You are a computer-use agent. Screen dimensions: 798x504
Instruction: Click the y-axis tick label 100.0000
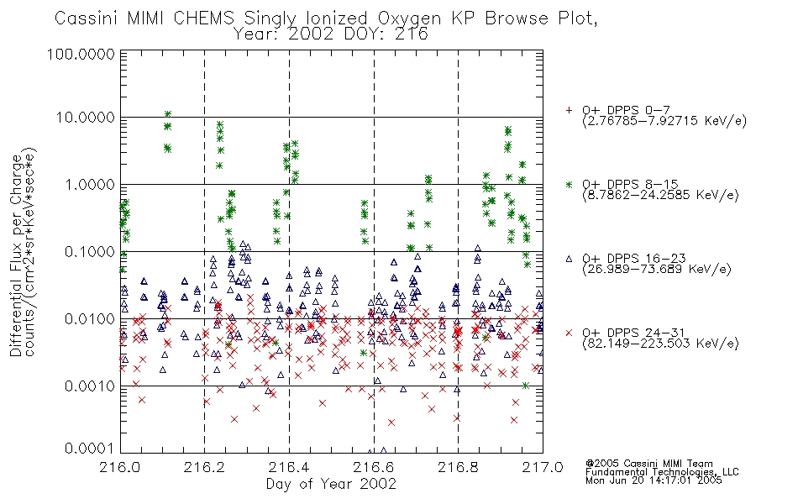point(81,54)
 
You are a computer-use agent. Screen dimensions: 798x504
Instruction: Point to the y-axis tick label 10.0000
point(85,118)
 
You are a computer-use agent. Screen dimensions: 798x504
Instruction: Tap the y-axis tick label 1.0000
point(90,184)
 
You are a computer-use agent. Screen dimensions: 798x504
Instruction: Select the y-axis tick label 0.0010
point(90,386)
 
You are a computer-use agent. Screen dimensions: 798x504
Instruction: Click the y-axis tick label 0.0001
point(90,449)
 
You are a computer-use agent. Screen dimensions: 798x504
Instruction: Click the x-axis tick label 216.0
point(120,467)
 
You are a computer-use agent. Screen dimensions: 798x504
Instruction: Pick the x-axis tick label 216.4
point(289,467)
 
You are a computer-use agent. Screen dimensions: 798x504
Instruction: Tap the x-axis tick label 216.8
point(458,467)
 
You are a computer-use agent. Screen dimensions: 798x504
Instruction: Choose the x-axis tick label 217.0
point(543,467)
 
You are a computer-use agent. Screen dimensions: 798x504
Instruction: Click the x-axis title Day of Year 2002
point(331,484)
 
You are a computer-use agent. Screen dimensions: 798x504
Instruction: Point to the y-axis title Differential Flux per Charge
point(16,255)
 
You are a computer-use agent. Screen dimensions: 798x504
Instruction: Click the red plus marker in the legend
point(569,110)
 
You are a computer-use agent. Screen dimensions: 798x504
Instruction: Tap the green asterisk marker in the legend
point(569,184)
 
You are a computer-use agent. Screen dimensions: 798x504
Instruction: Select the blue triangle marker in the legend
point(569,259)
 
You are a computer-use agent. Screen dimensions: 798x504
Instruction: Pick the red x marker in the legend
point(569,333)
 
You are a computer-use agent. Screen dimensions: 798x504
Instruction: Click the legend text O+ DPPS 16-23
point(634,259)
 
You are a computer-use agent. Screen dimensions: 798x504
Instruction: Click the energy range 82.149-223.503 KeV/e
point(660,344)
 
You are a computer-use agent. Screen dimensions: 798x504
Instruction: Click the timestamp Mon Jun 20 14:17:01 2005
point(654,480)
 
